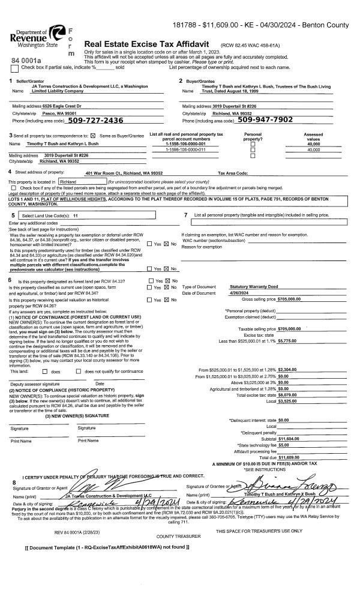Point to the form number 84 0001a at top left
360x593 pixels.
pos(26,61)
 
